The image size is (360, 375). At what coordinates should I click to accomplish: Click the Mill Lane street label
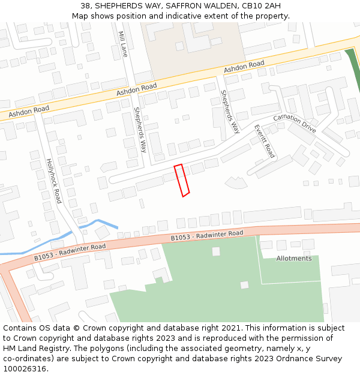coord(124,44)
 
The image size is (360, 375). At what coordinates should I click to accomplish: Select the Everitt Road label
coord(264,141)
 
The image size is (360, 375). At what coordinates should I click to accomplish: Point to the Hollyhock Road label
coord(53,181)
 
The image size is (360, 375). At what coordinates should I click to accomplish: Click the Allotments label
coord(294,259)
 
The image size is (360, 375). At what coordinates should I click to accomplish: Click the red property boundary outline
coord(182,180)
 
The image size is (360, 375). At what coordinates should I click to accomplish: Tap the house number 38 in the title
coord(84,5)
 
